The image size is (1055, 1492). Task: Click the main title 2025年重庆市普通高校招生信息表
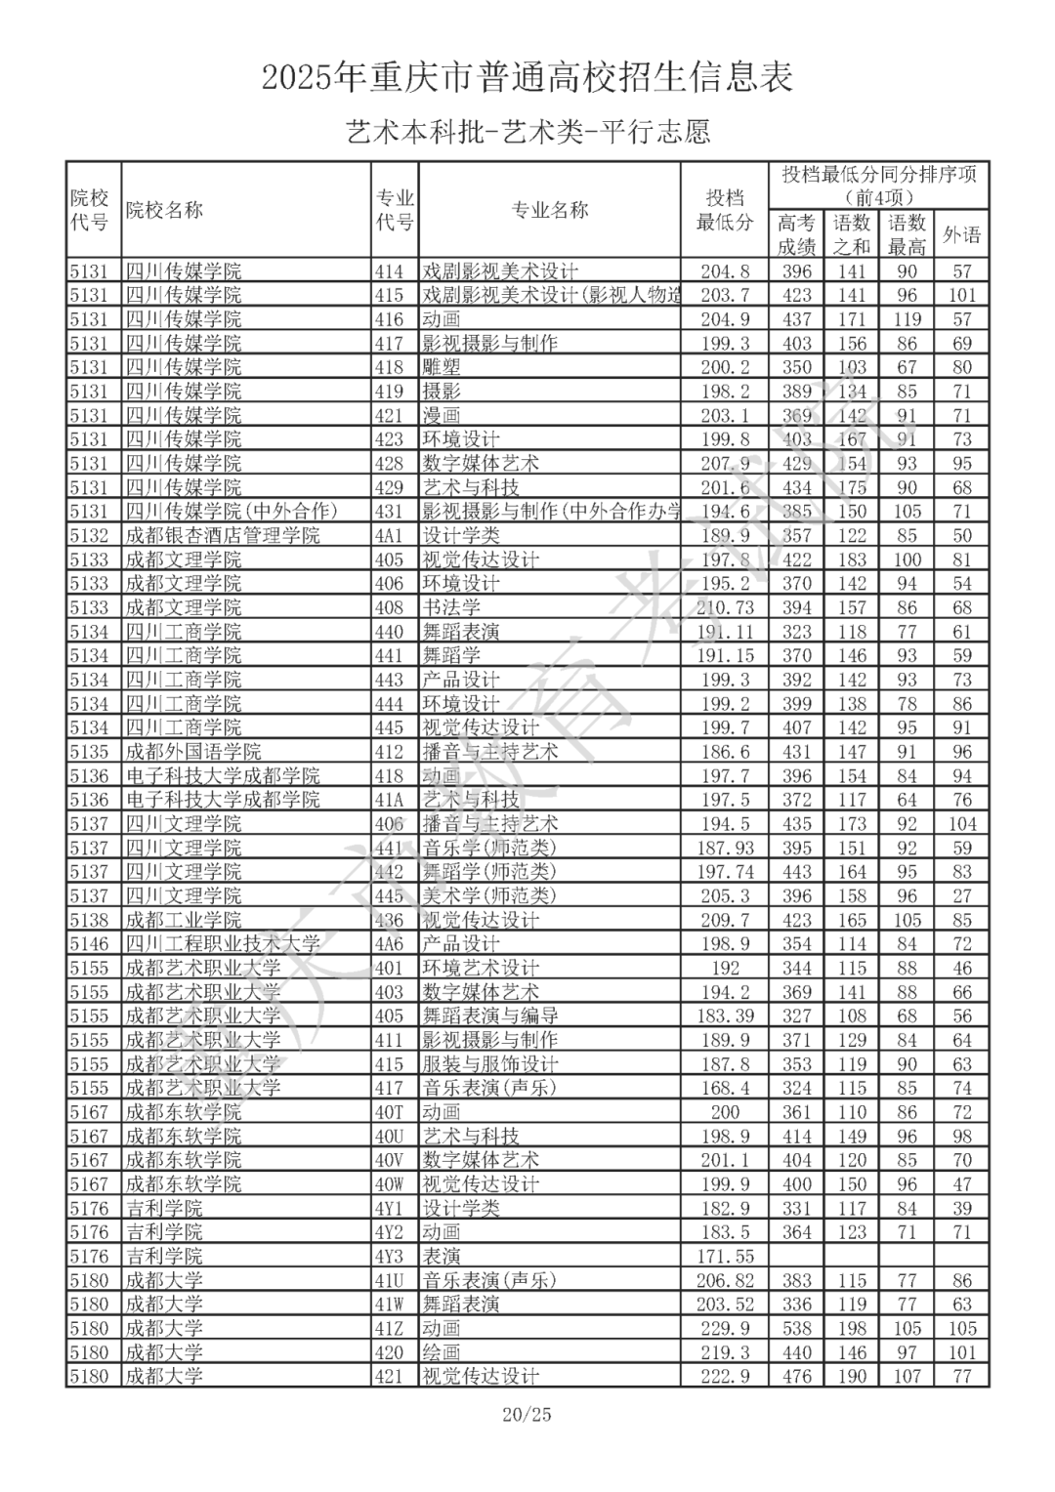(x=527, y=77)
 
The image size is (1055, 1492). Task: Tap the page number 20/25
(x=527, y=1414)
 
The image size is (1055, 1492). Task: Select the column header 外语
(x=961, y=234)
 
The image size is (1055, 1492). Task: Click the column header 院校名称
(x=164, y=210)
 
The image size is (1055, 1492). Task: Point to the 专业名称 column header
(x=550, y=210)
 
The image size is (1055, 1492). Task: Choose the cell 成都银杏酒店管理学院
(x=223, y=535)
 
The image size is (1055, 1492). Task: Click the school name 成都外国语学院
(x=193, y=752)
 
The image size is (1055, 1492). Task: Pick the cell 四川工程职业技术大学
(x=223, y=944)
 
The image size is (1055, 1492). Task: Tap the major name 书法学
(x=451, y=607)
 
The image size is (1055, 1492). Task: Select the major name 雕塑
(x=442, y=367)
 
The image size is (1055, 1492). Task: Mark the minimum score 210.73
(x=725, y=607)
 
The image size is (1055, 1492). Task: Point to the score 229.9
(x=725, y=1328)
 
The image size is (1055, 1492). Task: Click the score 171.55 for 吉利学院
(x=725, y=1257)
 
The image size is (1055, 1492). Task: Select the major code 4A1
(x=390, y=535)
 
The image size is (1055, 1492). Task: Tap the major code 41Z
(x=390, y=1328)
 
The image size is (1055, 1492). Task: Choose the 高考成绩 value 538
(x=797, y=1328)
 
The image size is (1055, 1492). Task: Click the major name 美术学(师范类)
(x=488, y=895)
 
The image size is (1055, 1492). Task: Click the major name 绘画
(x=442, y=1352)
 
